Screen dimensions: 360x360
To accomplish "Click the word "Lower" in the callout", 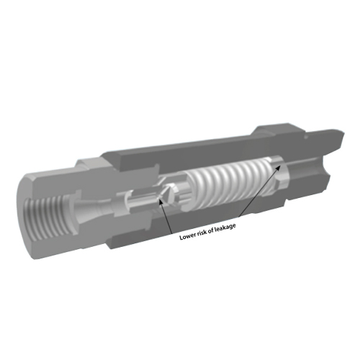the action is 187,237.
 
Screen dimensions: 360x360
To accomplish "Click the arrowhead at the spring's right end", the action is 278,167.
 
